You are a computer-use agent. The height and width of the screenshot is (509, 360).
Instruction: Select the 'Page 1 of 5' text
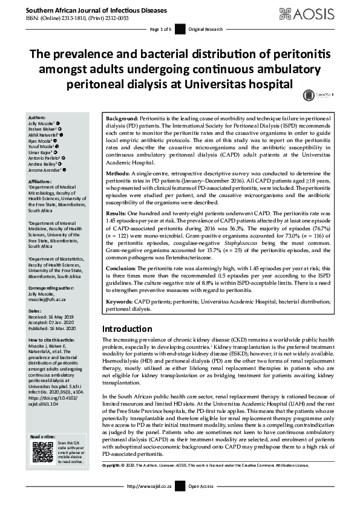(161, 29)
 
